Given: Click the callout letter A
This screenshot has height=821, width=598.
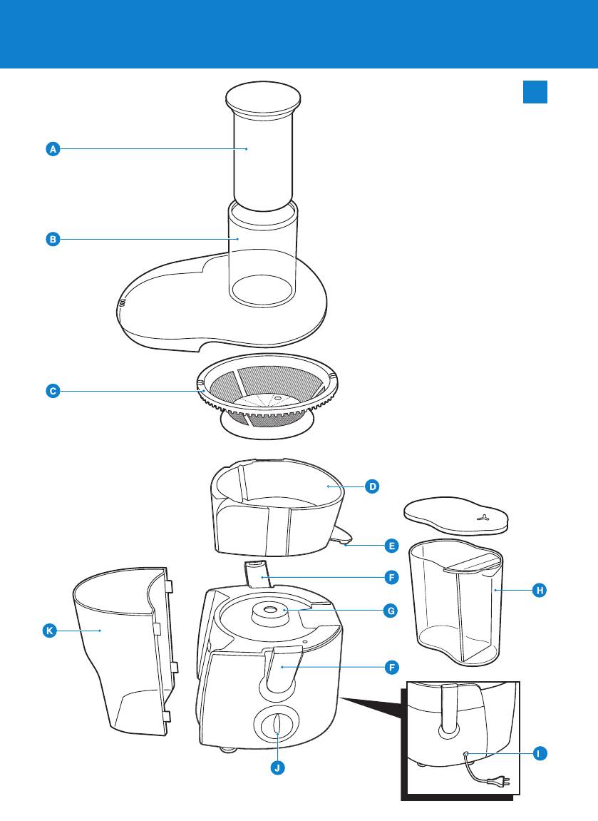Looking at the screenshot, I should click(x=52, y=149).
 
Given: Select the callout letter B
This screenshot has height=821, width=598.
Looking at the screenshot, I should click(x=52, y=240).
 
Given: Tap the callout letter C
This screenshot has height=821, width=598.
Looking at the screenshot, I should click(x=52, y=391).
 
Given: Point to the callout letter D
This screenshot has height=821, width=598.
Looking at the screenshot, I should click(x=371, y=486).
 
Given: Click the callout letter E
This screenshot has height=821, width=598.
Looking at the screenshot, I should click(x=391, y=546).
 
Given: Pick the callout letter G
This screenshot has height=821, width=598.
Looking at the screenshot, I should click(x=390, y=611).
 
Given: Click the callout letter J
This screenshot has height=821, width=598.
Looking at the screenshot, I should click(x=277, y=768).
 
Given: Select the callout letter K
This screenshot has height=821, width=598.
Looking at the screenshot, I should click(x=49, y=631).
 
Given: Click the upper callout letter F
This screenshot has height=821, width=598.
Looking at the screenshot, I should click(x=391, y=576).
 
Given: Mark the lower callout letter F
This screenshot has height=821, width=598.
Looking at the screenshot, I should click(x=391, y=668).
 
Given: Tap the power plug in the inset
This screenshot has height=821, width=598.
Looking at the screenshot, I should click(x=498, y=782).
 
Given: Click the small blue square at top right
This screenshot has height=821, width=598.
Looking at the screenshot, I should click(x=535, y=91).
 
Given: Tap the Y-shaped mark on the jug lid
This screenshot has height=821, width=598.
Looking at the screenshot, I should click(x=484, y=518).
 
